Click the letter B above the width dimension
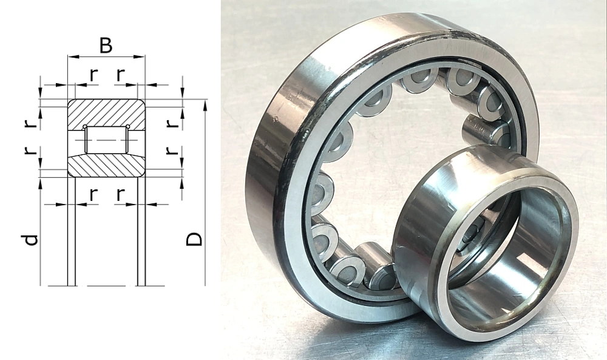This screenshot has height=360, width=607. (x=106, y=46)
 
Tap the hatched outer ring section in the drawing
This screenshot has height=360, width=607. (x=106, y=112)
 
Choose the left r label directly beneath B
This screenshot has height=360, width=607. (x=93, y=75)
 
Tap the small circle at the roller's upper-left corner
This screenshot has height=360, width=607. (x=85, y=127)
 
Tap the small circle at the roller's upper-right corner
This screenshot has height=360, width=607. (x=127, y=127)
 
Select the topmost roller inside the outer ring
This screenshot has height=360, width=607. (x=419, y=79)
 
